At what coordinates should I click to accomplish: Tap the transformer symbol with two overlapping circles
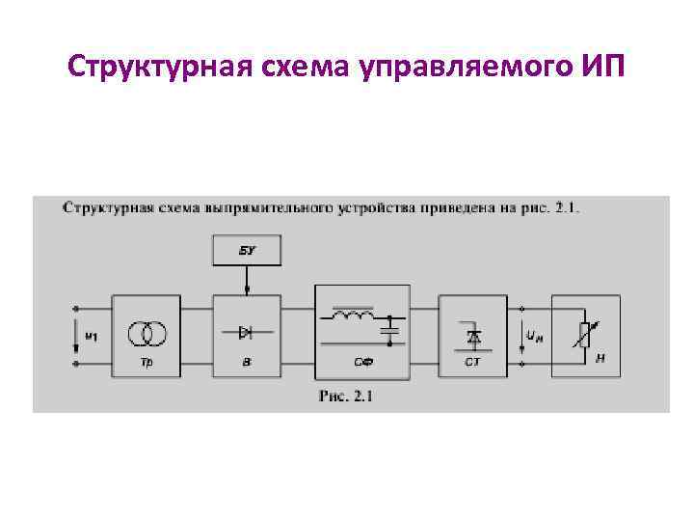tap(149, 333)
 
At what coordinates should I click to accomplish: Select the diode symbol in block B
tap(246, 332)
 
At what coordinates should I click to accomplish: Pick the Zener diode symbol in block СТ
tap(473, 337)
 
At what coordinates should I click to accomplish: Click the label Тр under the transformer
tap(147, 362)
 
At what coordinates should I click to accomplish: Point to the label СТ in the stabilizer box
tap(472, 363)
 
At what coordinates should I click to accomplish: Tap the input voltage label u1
tap(92, 336)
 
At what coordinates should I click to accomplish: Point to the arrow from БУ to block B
tap(247, 280)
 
